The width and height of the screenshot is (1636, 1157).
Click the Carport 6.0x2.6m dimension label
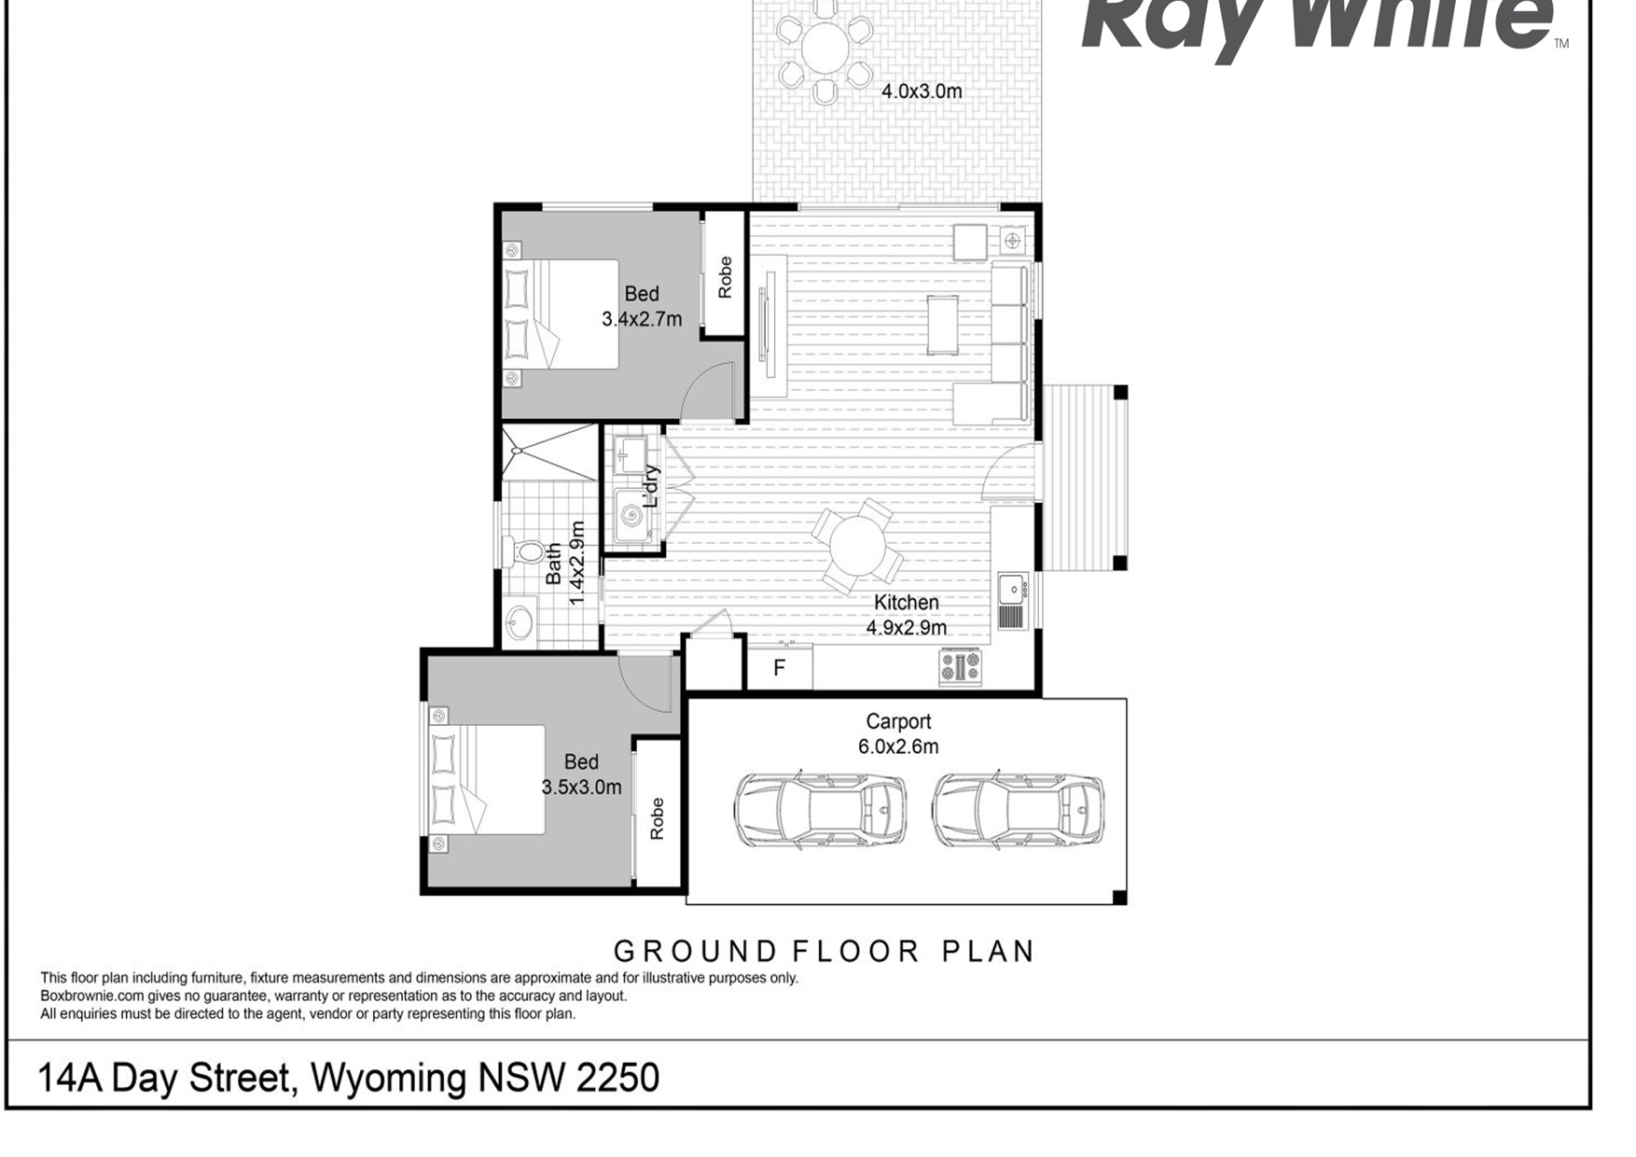[898, 734]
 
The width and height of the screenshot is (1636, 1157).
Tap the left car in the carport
[820, 808]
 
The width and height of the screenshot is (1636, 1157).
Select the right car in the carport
[1019, 808]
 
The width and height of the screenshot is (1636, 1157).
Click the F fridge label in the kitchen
[779, 668]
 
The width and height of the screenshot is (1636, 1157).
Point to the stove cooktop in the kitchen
[960, 667]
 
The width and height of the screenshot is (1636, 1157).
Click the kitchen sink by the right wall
[1012, 600]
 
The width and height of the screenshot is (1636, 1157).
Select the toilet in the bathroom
[524, 551]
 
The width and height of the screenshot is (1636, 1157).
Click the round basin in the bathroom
[520, 621]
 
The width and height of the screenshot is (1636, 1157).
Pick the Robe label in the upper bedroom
[725, 277]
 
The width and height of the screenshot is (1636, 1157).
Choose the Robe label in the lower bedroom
[657, 818]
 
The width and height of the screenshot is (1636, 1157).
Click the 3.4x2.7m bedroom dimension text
[642, 319]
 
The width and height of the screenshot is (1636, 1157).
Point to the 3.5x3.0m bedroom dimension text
[581, 788]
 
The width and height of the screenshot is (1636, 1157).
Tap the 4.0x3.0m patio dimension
[922, 91]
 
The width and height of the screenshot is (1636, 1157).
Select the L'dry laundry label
[651, 486]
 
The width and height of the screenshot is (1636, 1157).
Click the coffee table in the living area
[942, 325]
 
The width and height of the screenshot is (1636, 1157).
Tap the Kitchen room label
[906, 603]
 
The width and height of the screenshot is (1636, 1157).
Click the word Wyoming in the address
[388, 1080]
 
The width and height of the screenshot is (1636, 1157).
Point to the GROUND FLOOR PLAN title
[825, 952]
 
